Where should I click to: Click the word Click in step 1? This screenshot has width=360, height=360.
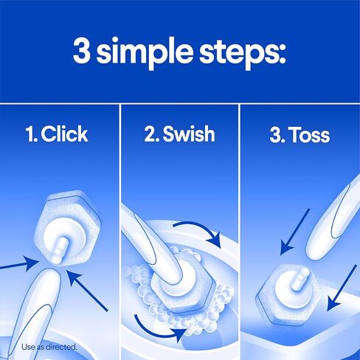[x=64, y=134]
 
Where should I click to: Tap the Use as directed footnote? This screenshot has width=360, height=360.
[x=49, y=346]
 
